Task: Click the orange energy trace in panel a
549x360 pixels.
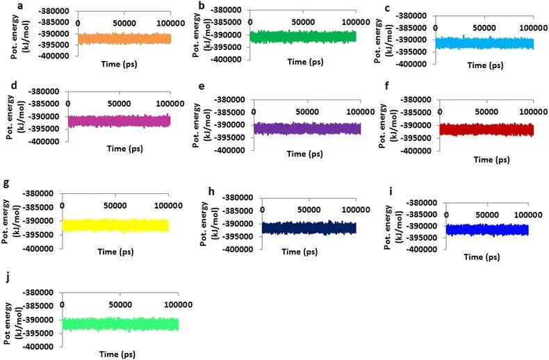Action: (124, 39)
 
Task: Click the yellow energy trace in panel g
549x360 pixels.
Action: (115, 225)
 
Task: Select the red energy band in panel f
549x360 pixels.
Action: (486, 130)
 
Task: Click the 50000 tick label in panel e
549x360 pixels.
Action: (306, 111)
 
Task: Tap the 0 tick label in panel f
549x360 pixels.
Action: (439, 111)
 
